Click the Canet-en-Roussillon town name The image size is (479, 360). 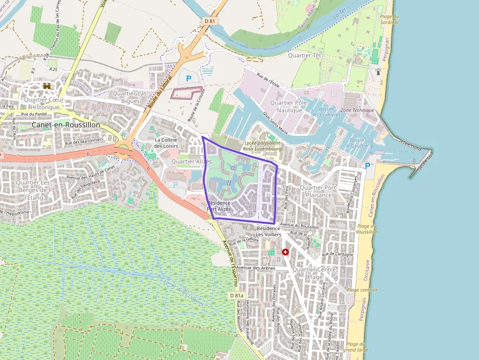click(x=65, y=125)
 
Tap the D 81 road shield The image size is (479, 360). click(x=209, y=21)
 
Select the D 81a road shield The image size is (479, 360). click(x=236, y=296)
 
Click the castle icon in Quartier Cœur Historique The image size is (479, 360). click(x=47, y=86)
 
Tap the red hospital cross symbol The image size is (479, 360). click(x=285, y=252)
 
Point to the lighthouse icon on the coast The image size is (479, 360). click(x=378, y=72)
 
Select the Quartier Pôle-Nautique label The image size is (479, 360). click(x=292, y=106)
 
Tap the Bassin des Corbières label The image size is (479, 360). click(x=326, y=112)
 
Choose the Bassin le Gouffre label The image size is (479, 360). click(x=356, y=143)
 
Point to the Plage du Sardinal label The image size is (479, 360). click(x=389, y=20)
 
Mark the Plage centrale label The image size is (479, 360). click(x=362, y=290)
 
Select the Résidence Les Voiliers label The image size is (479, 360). click(x=269, y=231)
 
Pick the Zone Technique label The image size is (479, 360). click(x=357, y=110)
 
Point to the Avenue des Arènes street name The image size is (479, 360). click(x=256, y=268)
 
